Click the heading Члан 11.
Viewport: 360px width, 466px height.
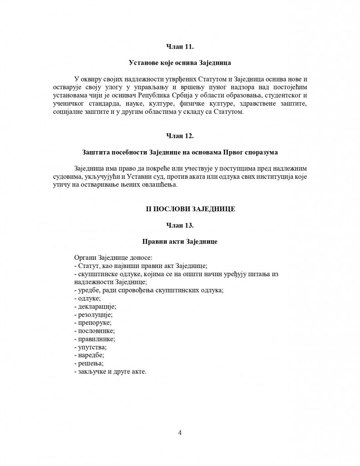pos(180,46)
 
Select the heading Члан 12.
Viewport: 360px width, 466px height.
pos(180,136)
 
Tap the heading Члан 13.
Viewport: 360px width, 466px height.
pos(180,225)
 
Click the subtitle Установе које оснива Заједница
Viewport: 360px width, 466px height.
pos(180,62)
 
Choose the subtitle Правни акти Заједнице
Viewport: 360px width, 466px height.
pos(180,242)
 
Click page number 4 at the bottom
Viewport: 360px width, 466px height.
pos(180,432)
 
